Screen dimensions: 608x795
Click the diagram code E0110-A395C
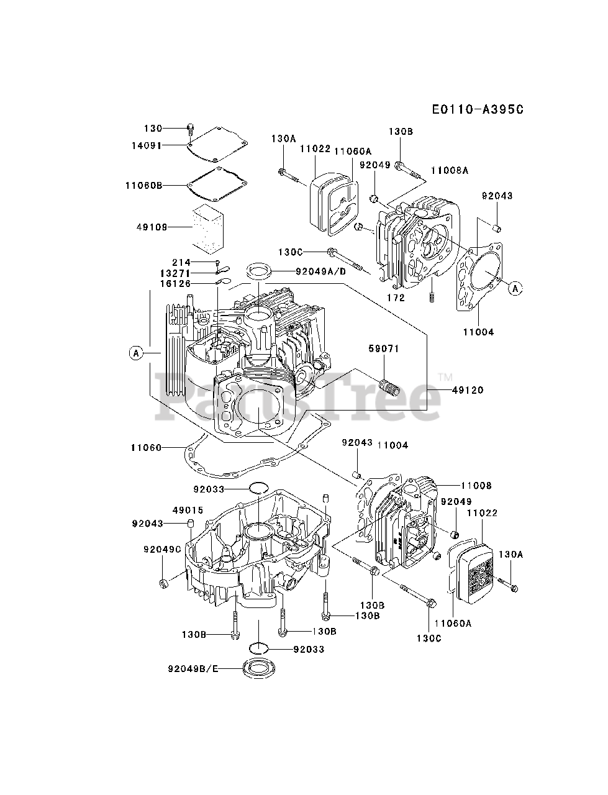[x=478, y=109]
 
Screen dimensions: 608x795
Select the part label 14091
[x=147, y=145]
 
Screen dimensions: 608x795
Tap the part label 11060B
[x=143, y=186]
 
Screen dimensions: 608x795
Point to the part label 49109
[x=152, y=227]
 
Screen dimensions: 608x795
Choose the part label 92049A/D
[x=320, y=271]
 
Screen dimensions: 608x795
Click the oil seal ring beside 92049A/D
[x=258, y=271]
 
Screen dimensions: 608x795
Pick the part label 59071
[x=383, y=348]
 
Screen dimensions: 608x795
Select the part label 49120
[x=468, y=390]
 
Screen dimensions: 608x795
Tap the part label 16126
[x=175, y=284]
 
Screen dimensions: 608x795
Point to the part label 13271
[x=175, y=273]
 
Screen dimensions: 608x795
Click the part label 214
[x=181, y=262]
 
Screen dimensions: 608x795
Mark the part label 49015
[x=188, y=511]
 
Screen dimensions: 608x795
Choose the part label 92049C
[x=162, y=550]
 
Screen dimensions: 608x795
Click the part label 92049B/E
[x=193, y=668]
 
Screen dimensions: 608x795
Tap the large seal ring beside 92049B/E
[x=258, y=668]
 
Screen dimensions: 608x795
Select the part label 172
[x=396, y=298]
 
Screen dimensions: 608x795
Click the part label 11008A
[x=450, y=170]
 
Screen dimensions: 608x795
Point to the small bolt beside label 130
[x=191, y=130]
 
